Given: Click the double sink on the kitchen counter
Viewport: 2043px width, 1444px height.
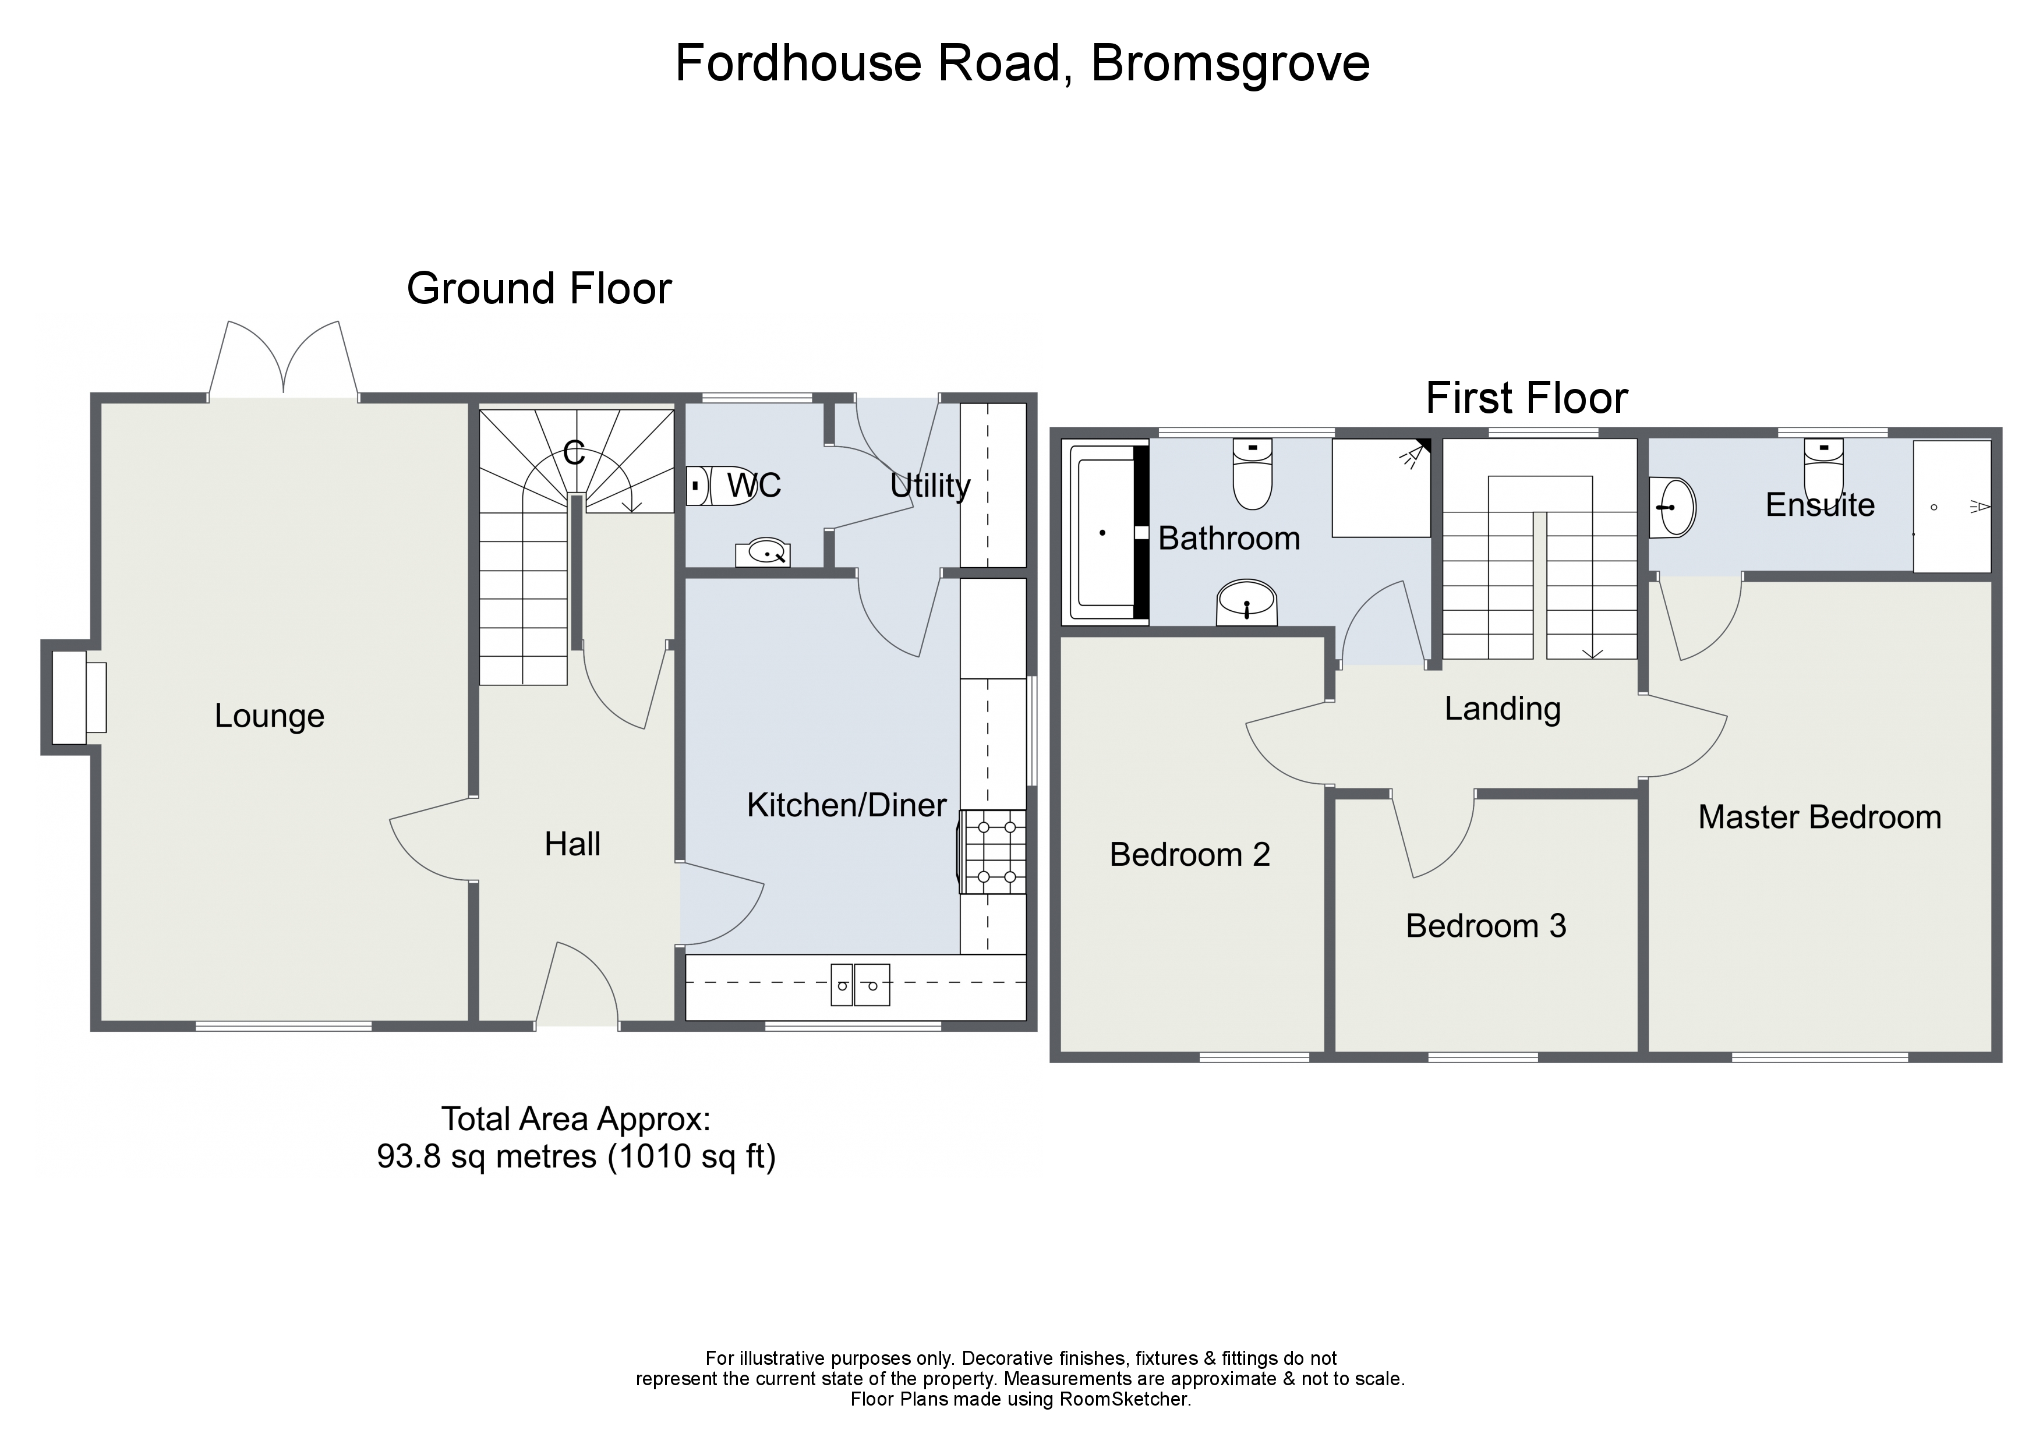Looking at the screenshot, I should pos(860,985).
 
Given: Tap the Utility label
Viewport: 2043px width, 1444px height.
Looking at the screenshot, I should pos(930,486).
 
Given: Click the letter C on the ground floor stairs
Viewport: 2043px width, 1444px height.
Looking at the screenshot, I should pos(574,453).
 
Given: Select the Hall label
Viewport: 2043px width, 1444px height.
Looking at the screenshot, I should pos(572,844).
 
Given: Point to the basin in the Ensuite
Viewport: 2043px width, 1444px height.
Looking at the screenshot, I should pos(1673,507).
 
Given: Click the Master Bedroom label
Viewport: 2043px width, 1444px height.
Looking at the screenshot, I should pos(1819,817).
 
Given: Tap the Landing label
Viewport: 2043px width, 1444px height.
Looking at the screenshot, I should pos(1502,709).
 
